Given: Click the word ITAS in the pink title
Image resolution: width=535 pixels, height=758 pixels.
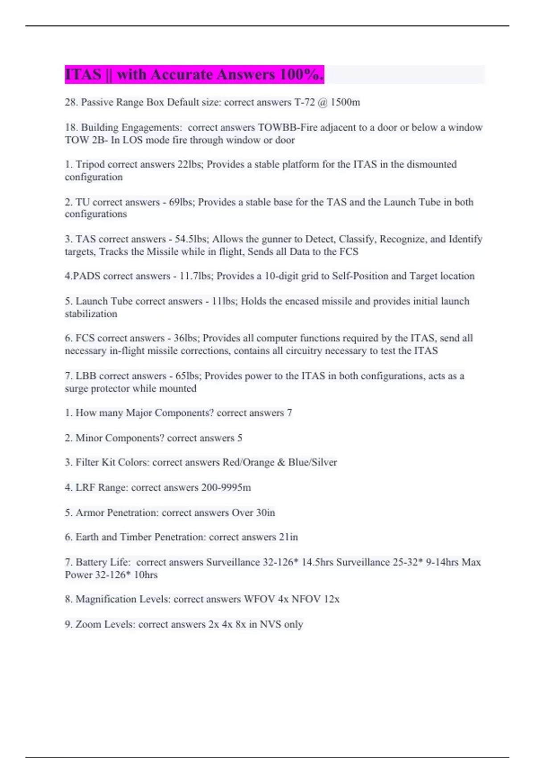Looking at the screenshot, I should point(83,74).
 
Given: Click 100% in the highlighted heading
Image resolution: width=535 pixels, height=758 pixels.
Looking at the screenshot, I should point(300,74).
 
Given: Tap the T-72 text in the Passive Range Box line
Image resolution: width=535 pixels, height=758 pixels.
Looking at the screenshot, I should point(304,103).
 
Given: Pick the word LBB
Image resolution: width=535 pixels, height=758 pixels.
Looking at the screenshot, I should point(86,376).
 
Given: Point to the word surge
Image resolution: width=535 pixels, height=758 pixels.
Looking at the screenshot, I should point(76,389).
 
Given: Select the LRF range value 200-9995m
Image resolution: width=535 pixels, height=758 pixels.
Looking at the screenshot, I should point(226,487).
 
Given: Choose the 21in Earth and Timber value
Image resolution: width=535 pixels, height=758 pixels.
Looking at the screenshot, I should point(288,537).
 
